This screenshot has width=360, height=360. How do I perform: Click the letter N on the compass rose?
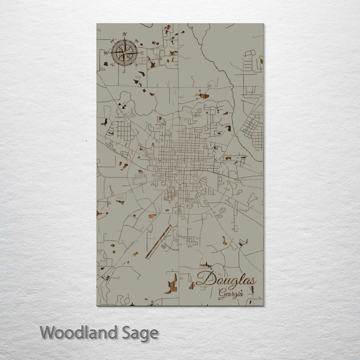125,34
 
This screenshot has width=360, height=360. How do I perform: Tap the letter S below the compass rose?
124,71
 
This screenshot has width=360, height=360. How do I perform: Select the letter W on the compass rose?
106,53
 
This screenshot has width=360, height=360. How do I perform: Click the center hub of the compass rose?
124,53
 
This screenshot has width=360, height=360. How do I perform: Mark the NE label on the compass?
136,41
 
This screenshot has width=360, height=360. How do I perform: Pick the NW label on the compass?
112,41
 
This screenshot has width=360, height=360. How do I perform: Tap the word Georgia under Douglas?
230,294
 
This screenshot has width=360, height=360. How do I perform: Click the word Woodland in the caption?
79,333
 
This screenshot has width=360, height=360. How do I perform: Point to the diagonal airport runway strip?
159,242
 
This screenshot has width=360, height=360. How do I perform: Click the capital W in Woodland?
48,333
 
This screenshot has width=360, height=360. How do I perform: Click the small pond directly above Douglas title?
206,265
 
